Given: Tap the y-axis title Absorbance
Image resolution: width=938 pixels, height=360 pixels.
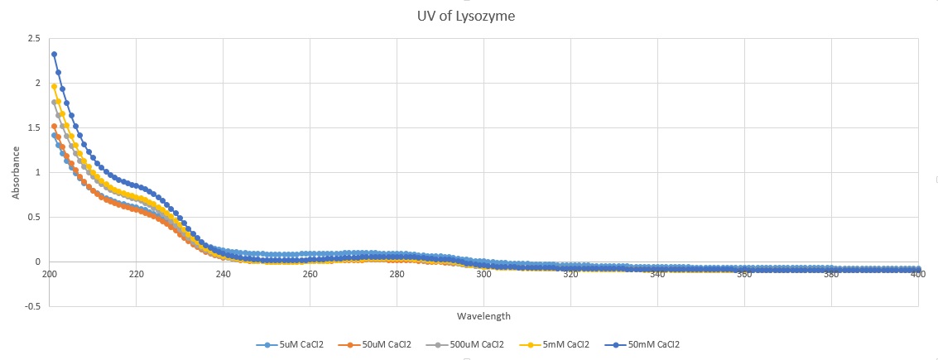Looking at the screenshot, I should point(16,172).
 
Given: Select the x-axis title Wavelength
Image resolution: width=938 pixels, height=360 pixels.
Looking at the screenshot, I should point(483,316).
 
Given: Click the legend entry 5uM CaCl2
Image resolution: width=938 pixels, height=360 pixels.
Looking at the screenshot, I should point(300,344).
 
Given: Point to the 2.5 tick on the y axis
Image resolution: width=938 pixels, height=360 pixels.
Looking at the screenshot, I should point(33,38).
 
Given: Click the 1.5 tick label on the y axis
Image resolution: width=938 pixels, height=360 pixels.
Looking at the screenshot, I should point(33,127).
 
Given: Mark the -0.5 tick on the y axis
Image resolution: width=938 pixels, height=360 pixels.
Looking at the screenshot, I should point(31,306).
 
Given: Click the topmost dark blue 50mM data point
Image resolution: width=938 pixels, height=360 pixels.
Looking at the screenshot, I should point(54,55).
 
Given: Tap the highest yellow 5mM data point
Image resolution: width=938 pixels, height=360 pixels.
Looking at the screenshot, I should point(54,86).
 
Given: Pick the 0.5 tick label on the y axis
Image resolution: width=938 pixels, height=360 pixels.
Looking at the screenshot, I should point(33,217).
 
